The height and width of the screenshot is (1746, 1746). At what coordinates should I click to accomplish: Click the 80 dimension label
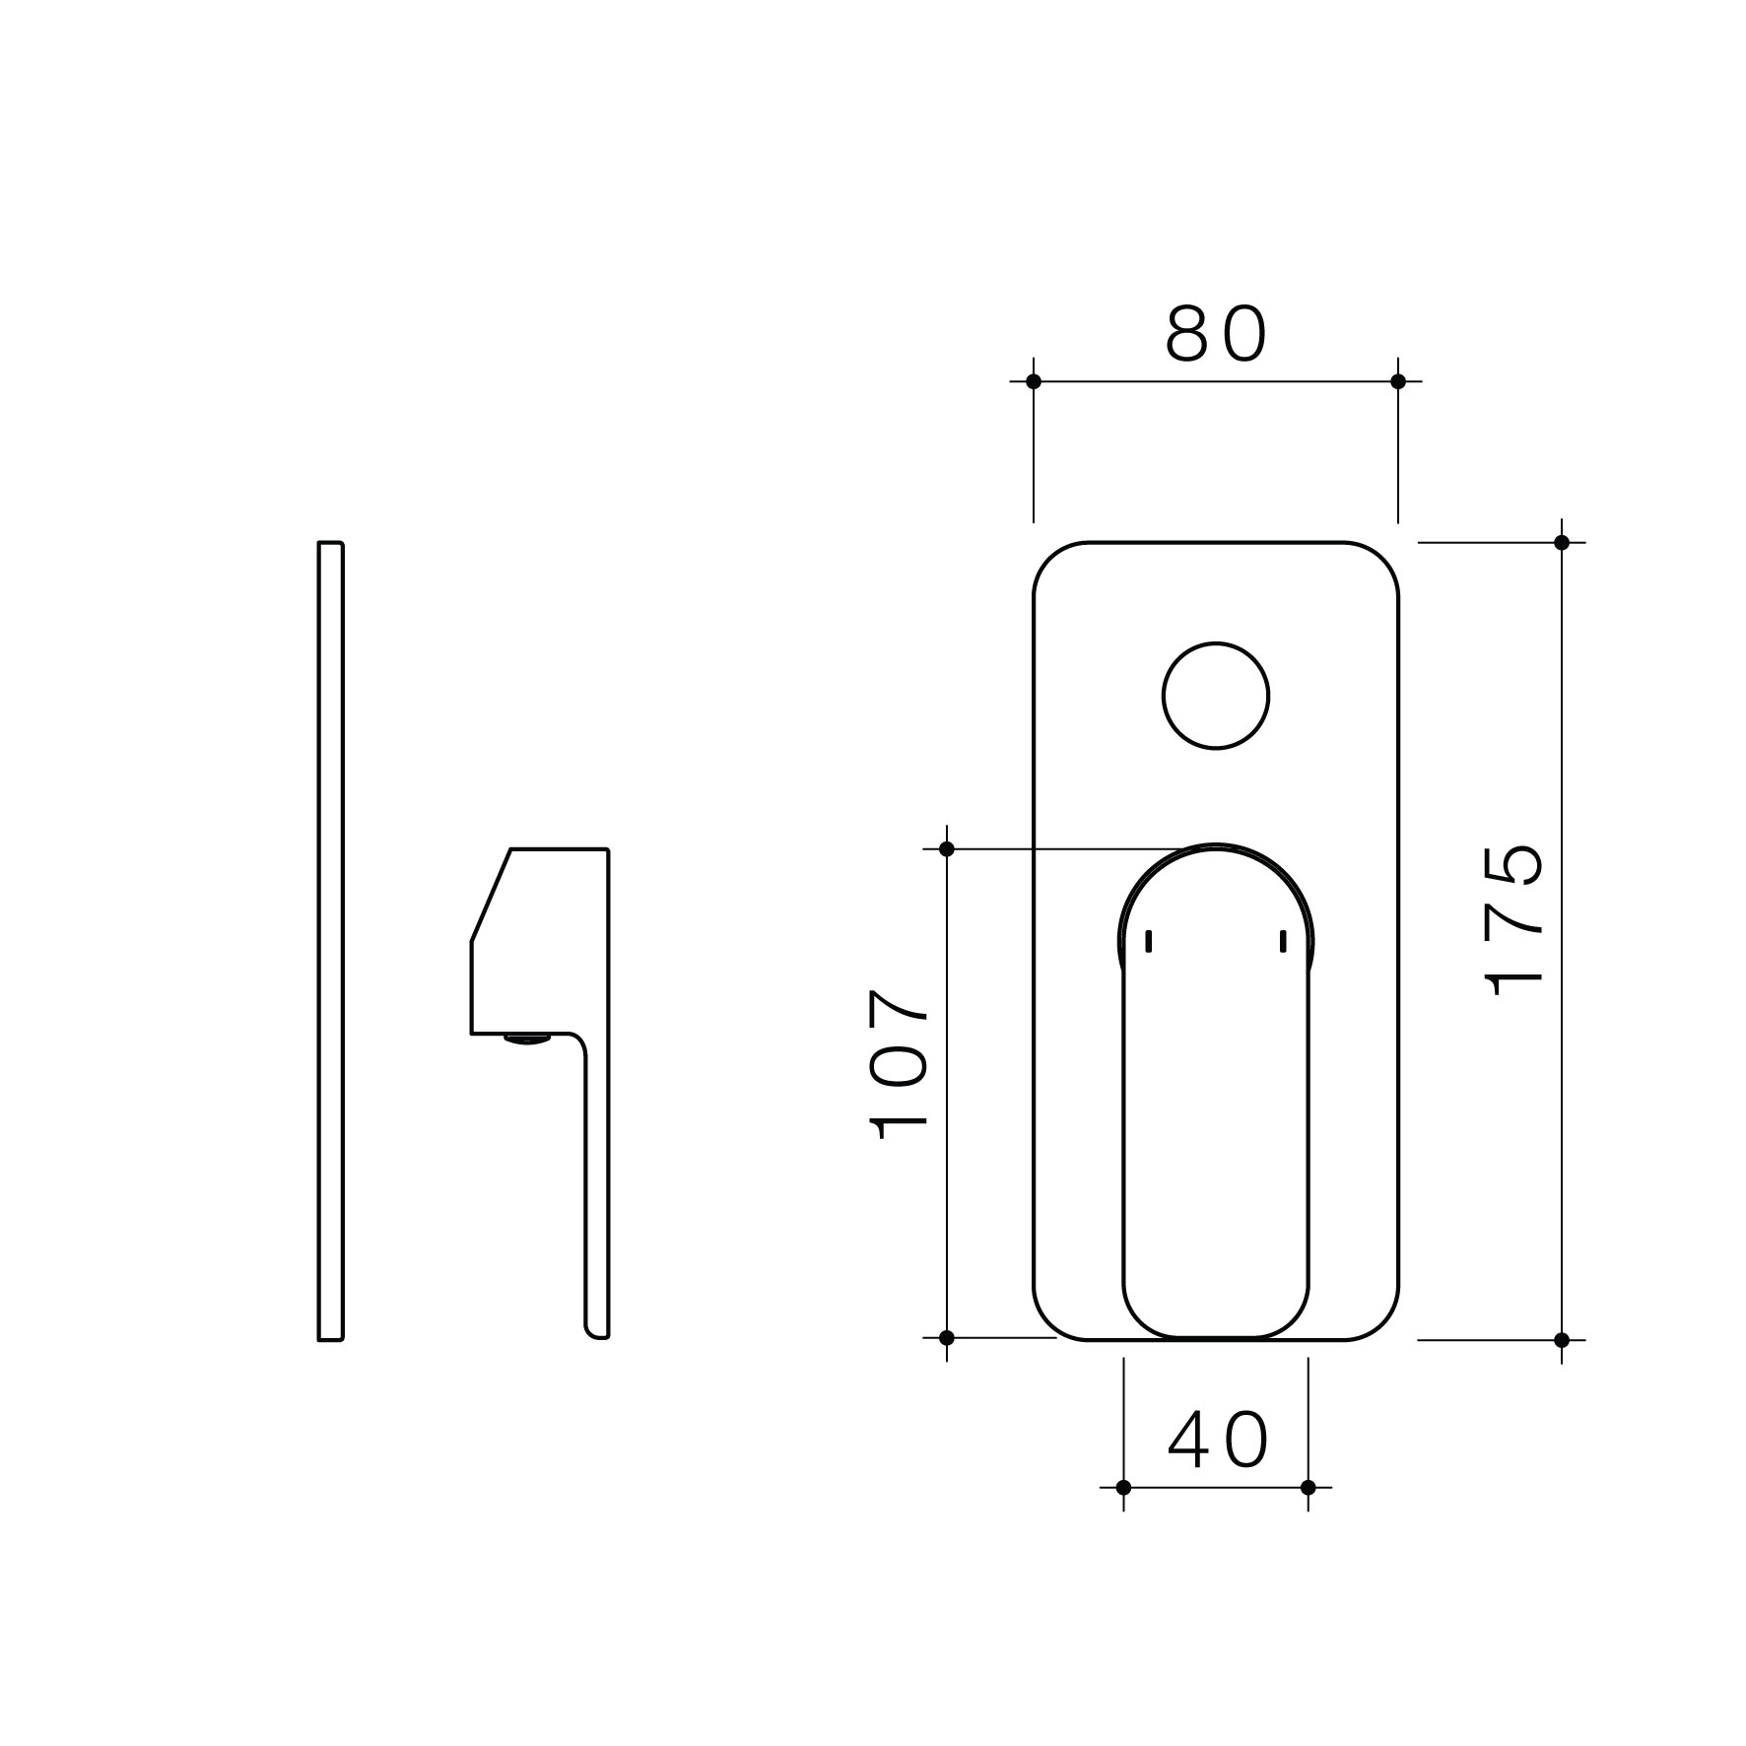tap(1215, 334)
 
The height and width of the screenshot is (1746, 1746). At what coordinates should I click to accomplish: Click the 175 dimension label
tap(1513, 920)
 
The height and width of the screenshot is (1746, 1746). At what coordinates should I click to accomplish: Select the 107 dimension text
tap(898, 1064)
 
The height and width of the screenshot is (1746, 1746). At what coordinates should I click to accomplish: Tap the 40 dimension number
tap(1217, 1441)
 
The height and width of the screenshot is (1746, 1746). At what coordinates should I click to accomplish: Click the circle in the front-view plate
tap(1215, 696)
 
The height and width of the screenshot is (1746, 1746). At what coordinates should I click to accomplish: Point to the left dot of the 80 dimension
tap(1033, 381)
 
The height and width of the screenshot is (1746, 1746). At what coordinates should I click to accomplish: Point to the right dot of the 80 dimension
tap(1397, 381)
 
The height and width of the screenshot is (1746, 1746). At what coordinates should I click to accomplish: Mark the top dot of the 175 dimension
tap(1561, 542)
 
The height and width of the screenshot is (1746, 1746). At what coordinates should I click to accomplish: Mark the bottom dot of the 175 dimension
tap(1561, 1340)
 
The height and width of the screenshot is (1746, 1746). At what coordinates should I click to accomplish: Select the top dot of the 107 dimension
tap(947, 848)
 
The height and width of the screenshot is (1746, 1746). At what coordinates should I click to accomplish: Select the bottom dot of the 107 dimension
tap(947, 1337)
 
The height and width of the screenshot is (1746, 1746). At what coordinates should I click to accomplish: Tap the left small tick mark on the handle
tap(1149, 941)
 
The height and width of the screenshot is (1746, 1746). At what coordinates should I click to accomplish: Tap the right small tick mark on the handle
tap(1283, 941)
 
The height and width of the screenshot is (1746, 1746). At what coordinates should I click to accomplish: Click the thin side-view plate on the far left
tap(330, 941)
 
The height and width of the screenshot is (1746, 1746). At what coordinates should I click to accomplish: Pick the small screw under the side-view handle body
tap(527, 1039)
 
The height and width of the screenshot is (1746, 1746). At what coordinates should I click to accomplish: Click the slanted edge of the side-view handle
tap(490, 896)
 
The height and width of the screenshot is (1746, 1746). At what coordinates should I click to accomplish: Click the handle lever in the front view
tap(1215, 1133)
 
